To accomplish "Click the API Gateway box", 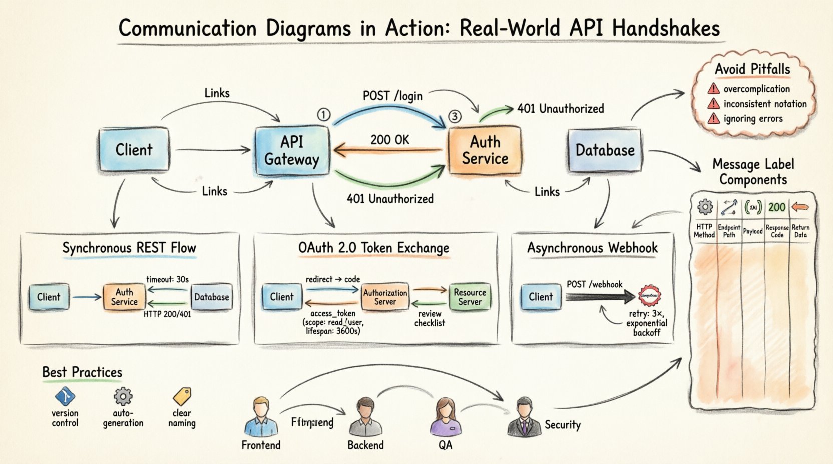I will point(292,150).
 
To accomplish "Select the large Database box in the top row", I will point(605,150).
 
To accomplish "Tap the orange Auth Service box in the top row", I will point(485,150).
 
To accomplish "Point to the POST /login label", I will point(392,96).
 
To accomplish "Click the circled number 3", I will point(454,117).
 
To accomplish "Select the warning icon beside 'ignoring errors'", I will point(713,119).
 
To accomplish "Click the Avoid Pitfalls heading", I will point(752,69).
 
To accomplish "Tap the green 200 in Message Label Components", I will point(777,207).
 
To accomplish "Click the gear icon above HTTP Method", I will point(705,207).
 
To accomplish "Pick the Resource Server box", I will point(470,297).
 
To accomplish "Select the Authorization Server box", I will point(385,297).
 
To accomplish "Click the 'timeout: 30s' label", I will point(167,279).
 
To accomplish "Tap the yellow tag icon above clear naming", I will point(182,396).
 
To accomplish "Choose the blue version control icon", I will point(65,397).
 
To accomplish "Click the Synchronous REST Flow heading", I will point(129,248).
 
